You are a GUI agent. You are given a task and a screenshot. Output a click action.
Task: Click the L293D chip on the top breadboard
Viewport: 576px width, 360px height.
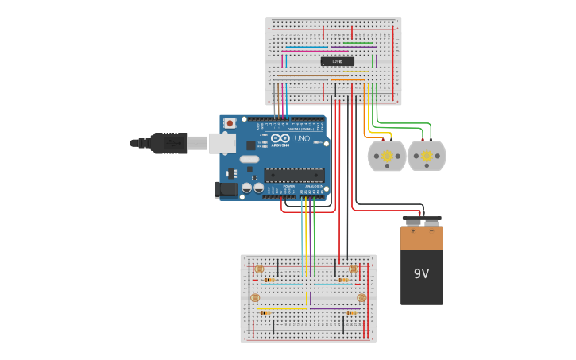coord(337,61)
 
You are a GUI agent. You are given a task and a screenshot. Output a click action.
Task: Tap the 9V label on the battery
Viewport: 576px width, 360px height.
coord(421,273)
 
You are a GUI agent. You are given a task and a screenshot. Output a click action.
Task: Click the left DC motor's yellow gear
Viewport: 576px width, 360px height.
coord(387,157)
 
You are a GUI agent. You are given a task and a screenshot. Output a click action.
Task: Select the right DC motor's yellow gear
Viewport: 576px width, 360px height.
coord(427,157)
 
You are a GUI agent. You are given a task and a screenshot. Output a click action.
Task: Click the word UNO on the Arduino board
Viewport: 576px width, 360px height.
coord(302,138)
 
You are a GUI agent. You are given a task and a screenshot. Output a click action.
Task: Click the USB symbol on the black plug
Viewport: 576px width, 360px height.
coord(171,143)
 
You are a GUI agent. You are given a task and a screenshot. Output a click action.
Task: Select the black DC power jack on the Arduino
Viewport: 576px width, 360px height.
coord(226,190)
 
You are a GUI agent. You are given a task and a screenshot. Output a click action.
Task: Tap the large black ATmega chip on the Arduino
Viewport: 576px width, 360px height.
coord(294,175)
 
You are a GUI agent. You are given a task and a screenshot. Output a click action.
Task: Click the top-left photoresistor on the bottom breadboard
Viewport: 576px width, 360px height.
coord(259,269)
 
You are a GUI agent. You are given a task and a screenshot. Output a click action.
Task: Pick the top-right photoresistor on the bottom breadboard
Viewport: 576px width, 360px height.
coord(353,269)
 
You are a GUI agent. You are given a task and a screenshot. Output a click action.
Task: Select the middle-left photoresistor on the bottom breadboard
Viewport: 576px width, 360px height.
coord(255,298)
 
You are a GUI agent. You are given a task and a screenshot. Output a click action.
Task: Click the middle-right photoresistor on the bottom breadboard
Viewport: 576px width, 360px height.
coord(361,298)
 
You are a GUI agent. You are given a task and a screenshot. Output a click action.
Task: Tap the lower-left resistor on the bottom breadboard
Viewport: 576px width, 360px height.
coord(265,312)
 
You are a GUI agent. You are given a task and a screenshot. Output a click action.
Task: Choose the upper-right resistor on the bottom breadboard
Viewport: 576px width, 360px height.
coord(342,280)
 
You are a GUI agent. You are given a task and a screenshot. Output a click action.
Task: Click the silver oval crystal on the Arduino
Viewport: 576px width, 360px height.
coord(249,159)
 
